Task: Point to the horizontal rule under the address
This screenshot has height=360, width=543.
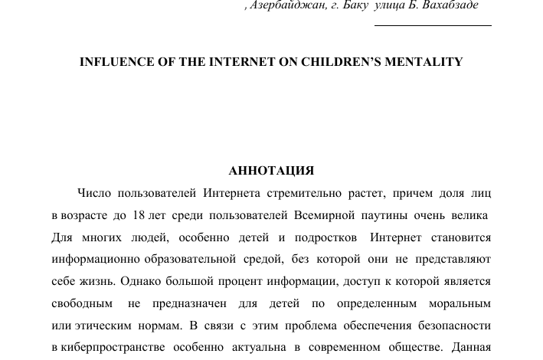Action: point(433,25)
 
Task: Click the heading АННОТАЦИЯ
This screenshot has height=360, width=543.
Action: point(271,171)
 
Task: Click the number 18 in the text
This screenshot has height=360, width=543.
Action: point(139,215)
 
